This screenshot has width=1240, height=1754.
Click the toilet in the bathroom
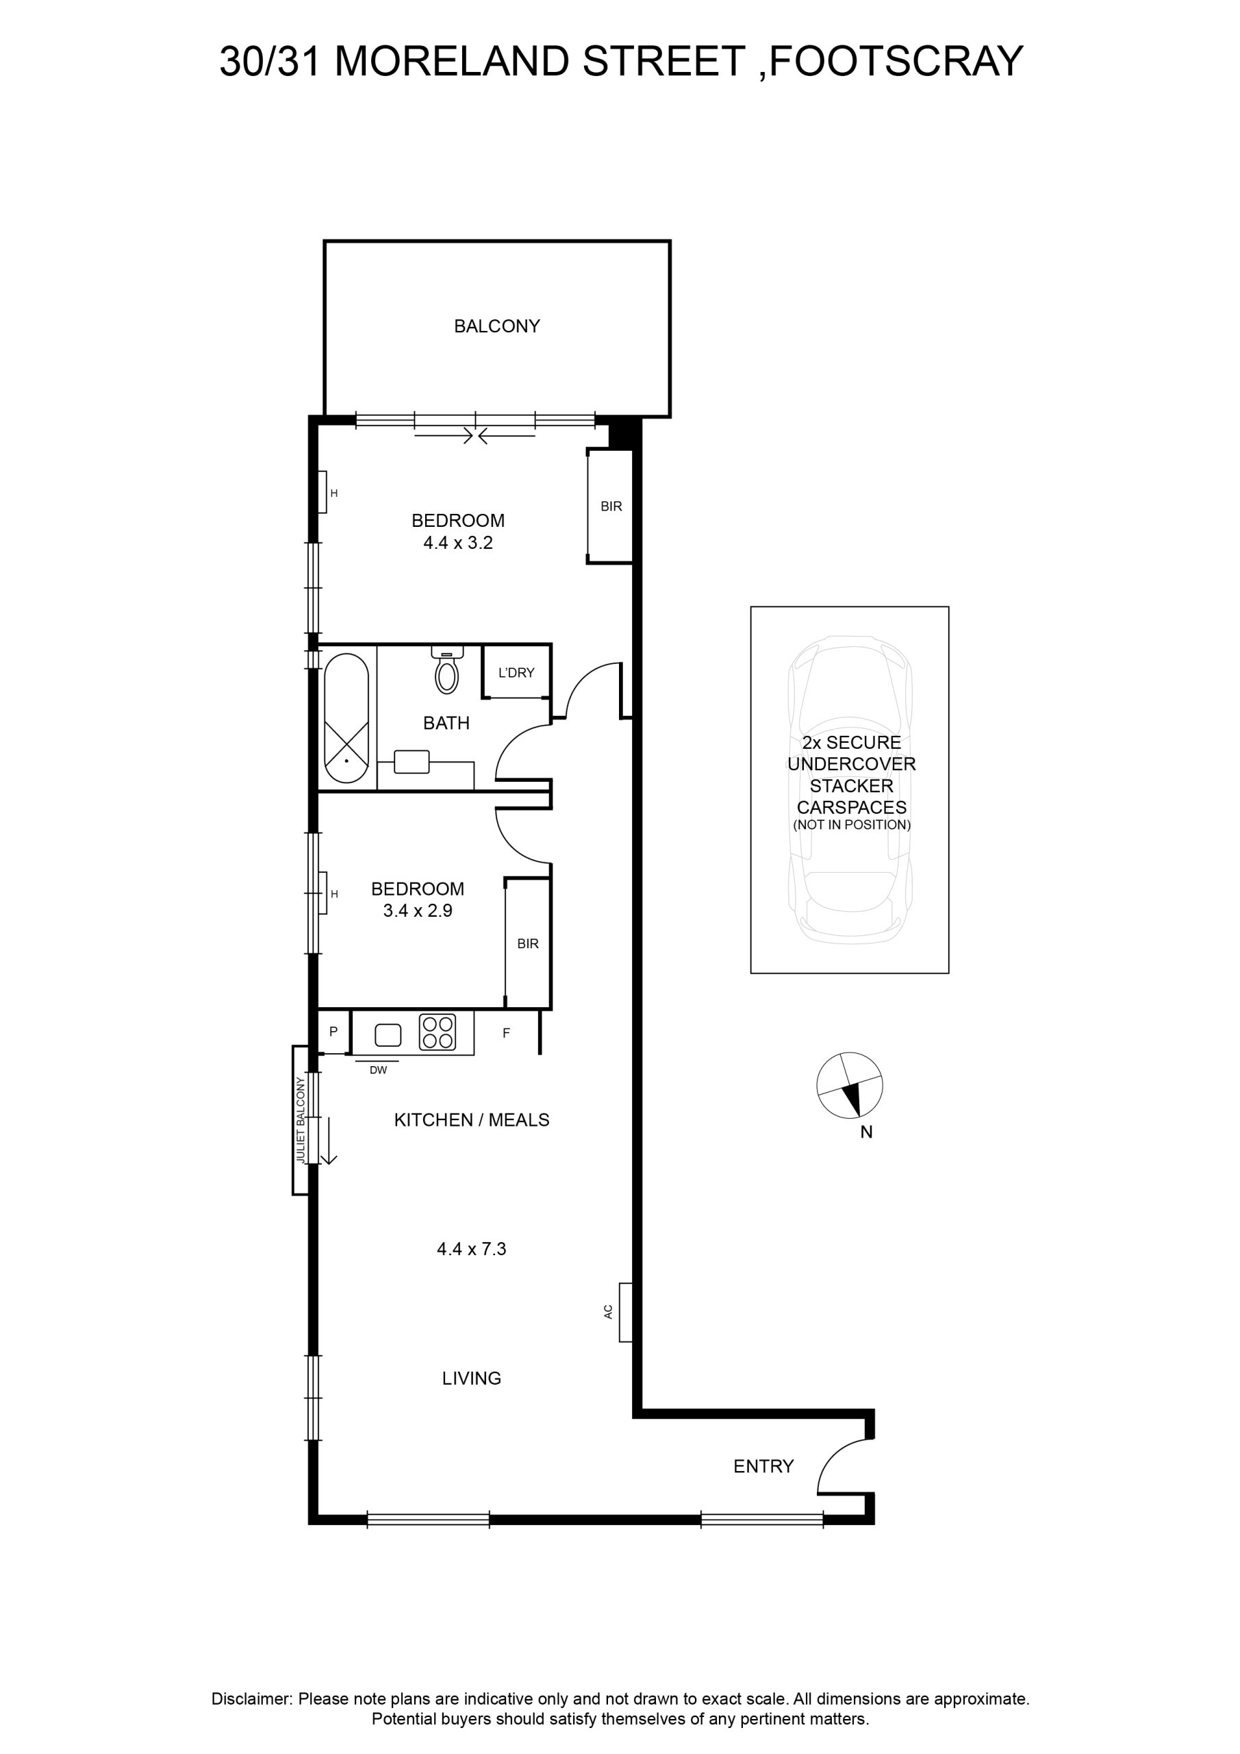pos(446,670)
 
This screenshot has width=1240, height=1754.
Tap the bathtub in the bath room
pos(346,717)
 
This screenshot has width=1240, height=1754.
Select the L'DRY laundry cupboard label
pos(516,672)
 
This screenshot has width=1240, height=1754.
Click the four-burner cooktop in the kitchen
pos(438,1031)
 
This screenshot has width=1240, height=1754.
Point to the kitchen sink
pos(388,1035)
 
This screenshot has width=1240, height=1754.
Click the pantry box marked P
pos(333,1031)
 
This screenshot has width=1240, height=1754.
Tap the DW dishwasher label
pos(379,1070)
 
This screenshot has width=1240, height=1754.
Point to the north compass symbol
pos(849,1085)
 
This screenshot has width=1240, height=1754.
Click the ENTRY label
pos(763,1466)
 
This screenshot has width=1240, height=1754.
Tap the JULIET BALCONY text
pos(300,1121)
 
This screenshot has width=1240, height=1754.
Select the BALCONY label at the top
pos(497,326)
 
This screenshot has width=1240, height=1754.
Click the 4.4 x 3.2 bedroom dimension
pos(458,543)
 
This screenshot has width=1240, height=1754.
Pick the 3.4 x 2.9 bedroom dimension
pos(418,911)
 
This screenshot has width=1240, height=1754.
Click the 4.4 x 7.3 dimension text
pos(472,1249)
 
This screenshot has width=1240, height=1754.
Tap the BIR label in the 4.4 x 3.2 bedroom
pos(611,506)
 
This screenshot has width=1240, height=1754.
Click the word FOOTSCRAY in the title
pos(896,61)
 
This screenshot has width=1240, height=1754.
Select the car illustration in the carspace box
pos(850,790)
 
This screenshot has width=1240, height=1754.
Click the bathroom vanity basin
pos(412,762)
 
